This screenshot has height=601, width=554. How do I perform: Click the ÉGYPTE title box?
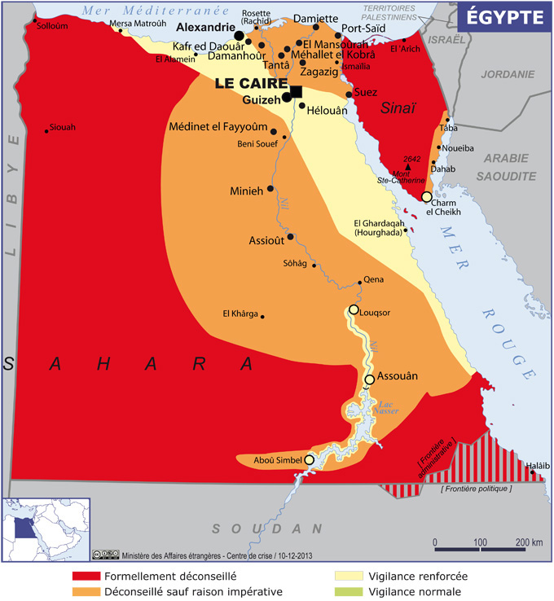[500, 15]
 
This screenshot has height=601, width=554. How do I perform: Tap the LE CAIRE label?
[252, 83]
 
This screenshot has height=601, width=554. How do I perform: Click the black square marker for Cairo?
[296, 91]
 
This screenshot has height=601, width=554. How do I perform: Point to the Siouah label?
[62, 127]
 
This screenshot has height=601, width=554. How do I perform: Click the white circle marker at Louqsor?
[354, 309]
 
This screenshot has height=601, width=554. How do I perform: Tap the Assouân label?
[399, 377]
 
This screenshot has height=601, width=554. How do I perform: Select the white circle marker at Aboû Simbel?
[309, 460]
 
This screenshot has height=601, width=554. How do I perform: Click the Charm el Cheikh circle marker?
[426, 197]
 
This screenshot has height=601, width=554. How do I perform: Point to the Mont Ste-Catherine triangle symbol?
[405, 166]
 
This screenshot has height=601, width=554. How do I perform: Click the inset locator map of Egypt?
[45, 529]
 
